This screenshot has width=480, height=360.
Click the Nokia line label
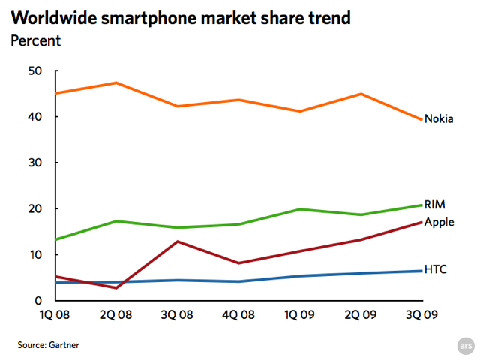pos(439,118)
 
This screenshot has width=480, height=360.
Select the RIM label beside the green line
pos(434,204)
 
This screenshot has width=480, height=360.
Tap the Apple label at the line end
pos(439,222)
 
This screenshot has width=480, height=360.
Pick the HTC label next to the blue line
pos(435,268)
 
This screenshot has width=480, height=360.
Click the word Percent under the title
pos(35,40)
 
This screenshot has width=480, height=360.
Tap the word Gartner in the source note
pos(64,345)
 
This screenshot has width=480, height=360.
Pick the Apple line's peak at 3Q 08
pos(178,241)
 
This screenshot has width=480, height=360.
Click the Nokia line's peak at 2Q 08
pos(117,82)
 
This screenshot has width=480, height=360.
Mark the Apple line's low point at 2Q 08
pos(117,287)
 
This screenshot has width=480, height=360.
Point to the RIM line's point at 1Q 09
pos(300,209)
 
